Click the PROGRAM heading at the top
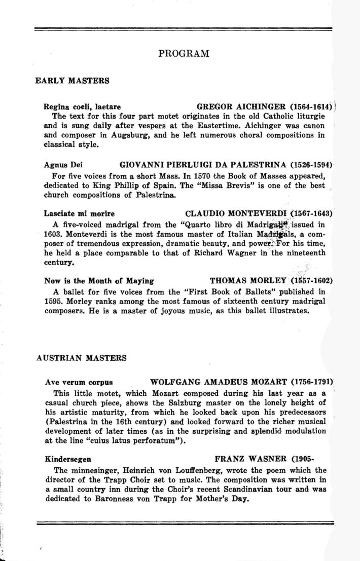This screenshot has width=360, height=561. coord(184,53)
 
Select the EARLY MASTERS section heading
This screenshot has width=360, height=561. coord(72,81)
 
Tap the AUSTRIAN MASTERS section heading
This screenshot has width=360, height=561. coord(82,357)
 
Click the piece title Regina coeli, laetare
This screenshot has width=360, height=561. coord(82,107)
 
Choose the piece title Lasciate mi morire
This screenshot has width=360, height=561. coord(79,213)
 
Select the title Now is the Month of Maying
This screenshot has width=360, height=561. coord(99,280)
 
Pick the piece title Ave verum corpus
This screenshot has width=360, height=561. coord(79,382)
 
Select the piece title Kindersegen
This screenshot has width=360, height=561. coord(68,460)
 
